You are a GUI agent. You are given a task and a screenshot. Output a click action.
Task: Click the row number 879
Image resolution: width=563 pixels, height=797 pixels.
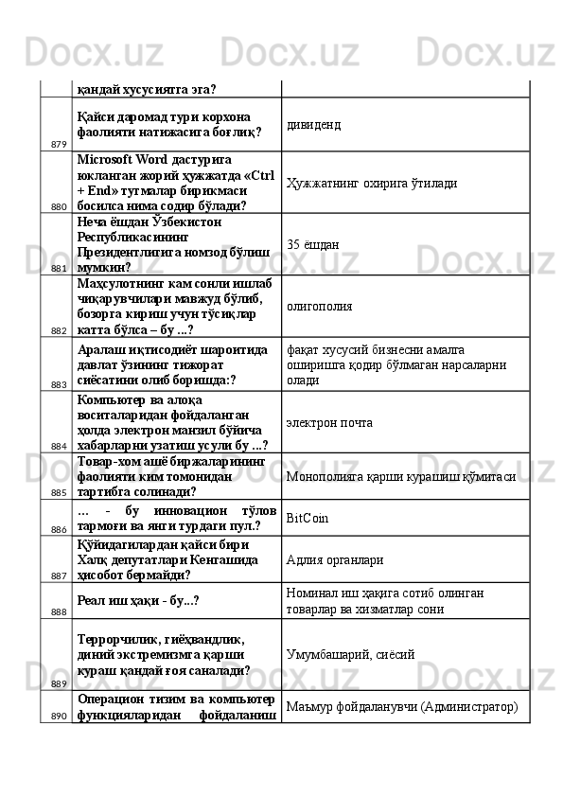click(59, 145)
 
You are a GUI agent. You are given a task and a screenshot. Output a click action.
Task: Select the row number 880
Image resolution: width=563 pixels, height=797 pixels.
click(59, 205)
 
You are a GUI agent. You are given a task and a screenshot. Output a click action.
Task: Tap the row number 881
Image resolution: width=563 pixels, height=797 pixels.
click(59, 268)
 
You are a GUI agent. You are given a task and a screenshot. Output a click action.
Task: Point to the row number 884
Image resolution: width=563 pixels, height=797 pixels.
click(59, 445)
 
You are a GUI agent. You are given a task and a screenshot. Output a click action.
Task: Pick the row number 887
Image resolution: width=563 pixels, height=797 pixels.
click(59, 575)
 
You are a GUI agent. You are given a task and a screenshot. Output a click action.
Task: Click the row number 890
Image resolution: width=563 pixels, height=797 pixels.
click(59, 716)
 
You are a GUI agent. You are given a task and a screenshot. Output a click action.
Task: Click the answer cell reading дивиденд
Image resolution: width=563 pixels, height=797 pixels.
click(314, 124)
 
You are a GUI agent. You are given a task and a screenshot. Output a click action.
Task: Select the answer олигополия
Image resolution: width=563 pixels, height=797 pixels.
click(320, 307)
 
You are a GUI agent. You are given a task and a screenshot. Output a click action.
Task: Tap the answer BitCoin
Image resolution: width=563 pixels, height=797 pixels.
click(308, 518)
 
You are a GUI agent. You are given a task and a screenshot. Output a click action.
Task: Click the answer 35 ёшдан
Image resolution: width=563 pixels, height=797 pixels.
click(313, 244)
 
